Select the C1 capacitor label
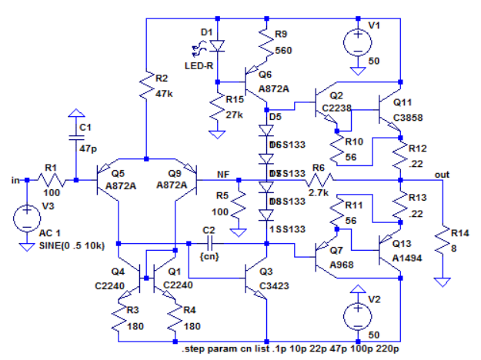(x=85, y=126)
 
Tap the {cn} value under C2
(x=209, y=255)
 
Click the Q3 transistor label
(x=266, y=272)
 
